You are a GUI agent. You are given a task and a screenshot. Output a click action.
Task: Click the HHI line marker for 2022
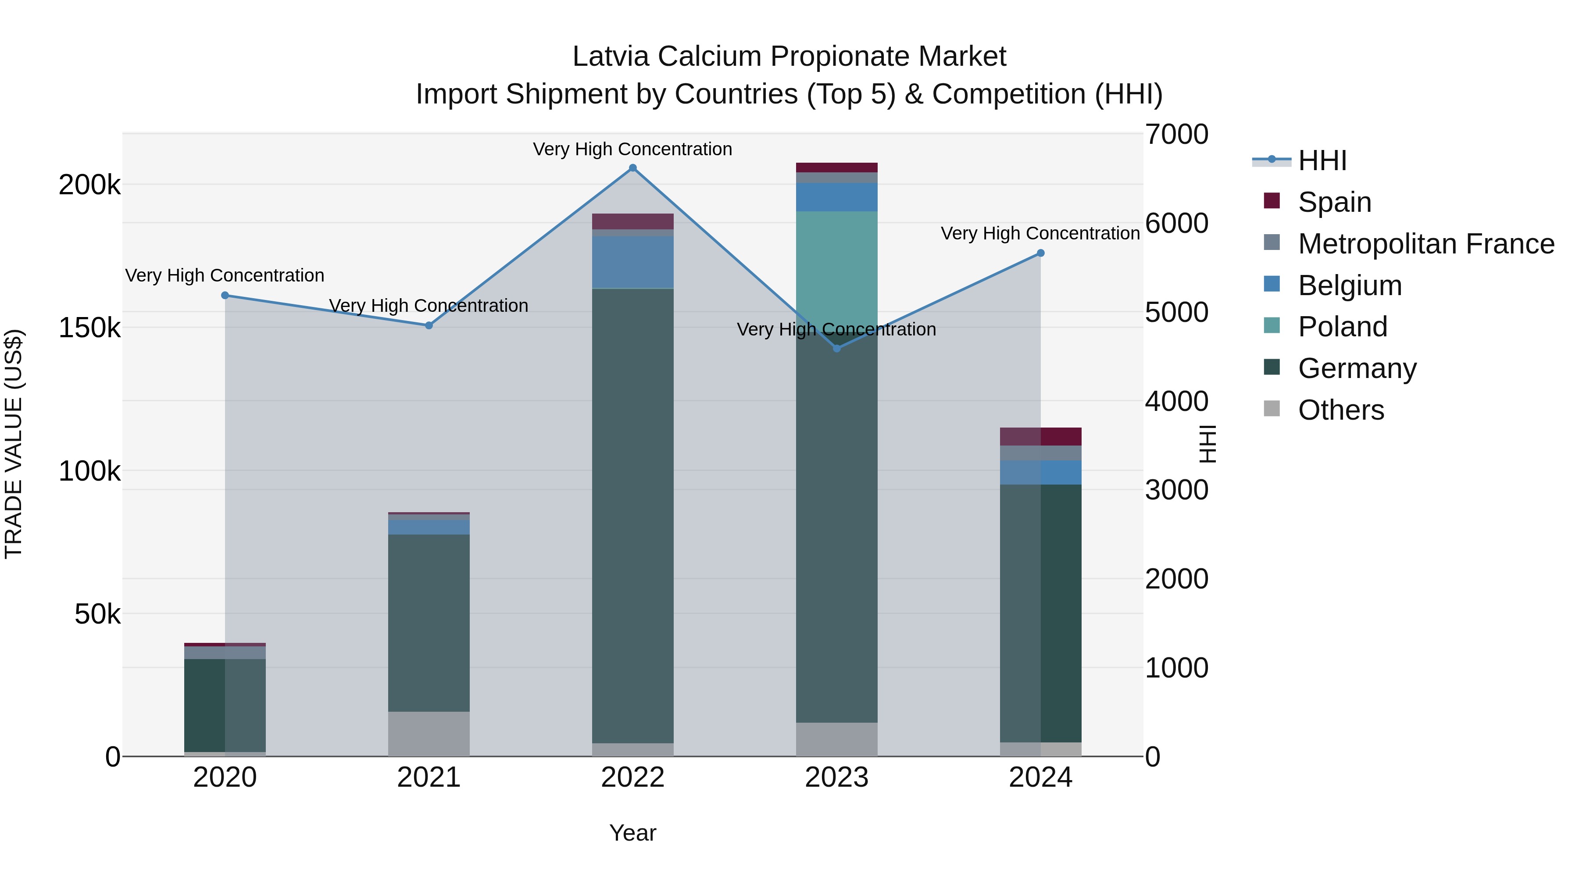tap(632, 168)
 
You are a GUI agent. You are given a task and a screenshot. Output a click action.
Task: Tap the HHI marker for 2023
tap(837, 348)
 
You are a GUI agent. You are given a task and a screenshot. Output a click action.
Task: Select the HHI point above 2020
tap(225, 296)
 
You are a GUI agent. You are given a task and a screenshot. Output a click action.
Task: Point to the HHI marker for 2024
tap(1040, 253)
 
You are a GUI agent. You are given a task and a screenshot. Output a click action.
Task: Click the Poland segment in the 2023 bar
tap(837, 270)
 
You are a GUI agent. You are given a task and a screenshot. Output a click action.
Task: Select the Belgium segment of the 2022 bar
tap(632, 262)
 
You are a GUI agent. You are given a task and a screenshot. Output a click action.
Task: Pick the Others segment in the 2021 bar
tap(429, 734)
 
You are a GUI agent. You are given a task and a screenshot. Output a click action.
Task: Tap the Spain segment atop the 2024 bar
tap(1040, 436)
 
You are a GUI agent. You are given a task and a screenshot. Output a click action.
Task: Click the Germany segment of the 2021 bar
tap(429, 622)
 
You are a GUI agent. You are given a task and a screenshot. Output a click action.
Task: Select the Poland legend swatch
tap(1272, 326)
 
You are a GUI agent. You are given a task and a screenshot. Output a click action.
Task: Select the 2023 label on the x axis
tap(837, 777)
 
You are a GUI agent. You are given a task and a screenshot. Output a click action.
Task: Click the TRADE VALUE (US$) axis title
tap(14, 444)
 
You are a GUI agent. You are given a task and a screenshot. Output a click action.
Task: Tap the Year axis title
tap(632, 833)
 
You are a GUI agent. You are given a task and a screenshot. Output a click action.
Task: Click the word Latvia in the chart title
tap(610, 57)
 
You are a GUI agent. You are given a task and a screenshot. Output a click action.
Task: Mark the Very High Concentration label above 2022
tap(632, 149)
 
